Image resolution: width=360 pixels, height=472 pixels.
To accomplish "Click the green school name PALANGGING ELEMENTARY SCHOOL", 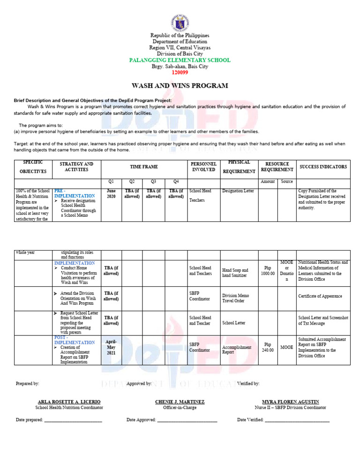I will pos(180,61).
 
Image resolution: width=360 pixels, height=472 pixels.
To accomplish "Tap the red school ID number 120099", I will pos(180,73).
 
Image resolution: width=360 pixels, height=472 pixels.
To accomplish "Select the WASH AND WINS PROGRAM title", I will pos(180,86).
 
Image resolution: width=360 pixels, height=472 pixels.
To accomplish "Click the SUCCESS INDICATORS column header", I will pos(323,167).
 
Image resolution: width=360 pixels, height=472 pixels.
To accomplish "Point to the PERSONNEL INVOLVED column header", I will pos(203,167).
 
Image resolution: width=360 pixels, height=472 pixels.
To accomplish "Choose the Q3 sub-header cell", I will pos(153,181).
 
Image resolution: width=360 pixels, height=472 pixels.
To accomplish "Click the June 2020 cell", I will pos(111,194).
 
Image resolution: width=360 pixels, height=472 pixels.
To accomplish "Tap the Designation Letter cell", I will pos(238,191).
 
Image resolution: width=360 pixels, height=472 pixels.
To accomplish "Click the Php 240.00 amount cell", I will pos(268,347).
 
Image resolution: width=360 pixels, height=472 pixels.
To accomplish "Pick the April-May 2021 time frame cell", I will pos(111,347).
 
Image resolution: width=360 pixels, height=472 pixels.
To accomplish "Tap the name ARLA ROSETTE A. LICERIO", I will pos(69,402).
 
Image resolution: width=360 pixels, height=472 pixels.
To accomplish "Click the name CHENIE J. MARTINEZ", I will pos(180,402).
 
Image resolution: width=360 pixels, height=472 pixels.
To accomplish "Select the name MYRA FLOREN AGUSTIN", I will pos(291,402).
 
